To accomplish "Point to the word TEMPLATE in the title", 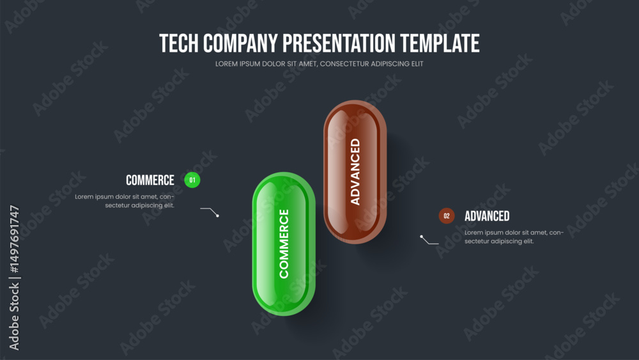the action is [x=440, y=43].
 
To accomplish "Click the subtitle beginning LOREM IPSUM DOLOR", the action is [x=319, y=64].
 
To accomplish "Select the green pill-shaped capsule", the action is [x=284, y=244].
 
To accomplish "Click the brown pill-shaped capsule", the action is [x=355, y=172].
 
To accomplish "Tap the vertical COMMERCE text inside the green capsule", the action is [x=284, y=244].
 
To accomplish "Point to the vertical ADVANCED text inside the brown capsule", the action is [x=355, y=171].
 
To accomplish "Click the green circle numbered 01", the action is [x=192, y=180].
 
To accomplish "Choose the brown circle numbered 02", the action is [x=447, y=215].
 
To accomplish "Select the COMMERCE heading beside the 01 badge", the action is [x=150, y=180].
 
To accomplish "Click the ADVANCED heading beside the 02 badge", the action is [x=487, y=216].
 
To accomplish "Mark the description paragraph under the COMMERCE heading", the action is [x=125, y=201].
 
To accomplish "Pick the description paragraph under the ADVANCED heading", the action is [x=514, y=237].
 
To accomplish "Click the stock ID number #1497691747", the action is [x=14, y=239].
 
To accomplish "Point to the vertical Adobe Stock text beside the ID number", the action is [x=14, y=317].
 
